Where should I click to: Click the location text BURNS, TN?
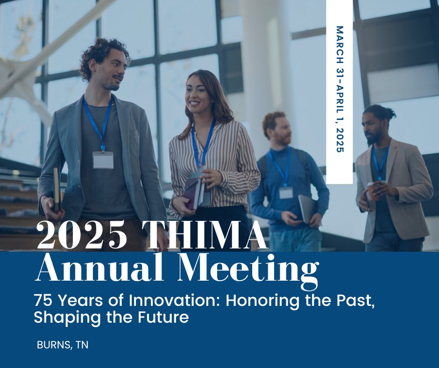click(63, 345)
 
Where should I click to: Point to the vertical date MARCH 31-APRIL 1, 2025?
click(340, 89)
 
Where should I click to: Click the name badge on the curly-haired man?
click(103, 160)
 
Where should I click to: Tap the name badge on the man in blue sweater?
click(286, 192)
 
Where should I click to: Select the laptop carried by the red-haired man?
click(307, 208)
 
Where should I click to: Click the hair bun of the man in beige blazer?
click(389, 112)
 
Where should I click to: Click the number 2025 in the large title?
click(81, 235)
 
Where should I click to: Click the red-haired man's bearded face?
click(282, 133)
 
